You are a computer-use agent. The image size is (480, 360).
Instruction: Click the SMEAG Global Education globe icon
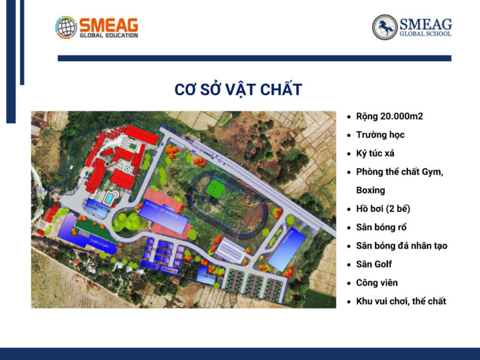click(x=66, y=27)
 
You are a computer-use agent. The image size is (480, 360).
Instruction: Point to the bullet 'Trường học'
click(x=380, y=134)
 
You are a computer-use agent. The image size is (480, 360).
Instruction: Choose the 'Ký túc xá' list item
click(x=375, y=153)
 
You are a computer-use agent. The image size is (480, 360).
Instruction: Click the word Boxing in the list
click(x=371, y=190)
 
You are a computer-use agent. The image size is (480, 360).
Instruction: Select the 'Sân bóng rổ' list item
click(x=381, y=227)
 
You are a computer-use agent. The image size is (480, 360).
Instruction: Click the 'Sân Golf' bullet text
click(x=374, y=264)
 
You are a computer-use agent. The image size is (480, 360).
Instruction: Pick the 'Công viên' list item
click(x=377, y=282)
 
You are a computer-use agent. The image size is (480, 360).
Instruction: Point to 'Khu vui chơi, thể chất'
click(x=401, y=301)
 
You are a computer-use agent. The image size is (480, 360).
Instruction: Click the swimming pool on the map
click(x=110, y=198)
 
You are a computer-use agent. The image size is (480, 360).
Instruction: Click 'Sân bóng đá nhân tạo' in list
click(x=401, y=246)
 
